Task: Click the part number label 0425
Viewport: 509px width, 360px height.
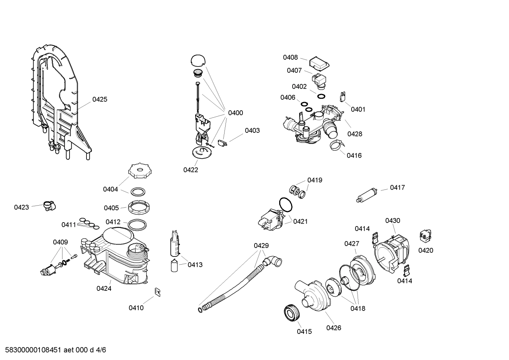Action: (x=100, y=100)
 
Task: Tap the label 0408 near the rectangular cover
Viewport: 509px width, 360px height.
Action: (x=290, y=58)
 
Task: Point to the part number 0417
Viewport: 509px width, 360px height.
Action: (x=397, y=188)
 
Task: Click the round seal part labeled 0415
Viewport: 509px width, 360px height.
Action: (x=292, y=313)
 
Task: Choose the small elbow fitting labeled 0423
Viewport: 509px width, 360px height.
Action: (x=49, y=205)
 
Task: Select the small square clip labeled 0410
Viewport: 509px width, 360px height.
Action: (x=158, y=291)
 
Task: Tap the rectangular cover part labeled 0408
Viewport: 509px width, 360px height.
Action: (x=319, y=64)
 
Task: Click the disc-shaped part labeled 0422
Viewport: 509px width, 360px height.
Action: (x=202, y=153)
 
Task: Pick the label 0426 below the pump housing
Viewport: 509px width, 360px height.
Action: (x=333, y=328)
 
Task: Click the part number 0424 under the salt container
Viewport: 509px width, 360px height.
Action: (x=104, y=289)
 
